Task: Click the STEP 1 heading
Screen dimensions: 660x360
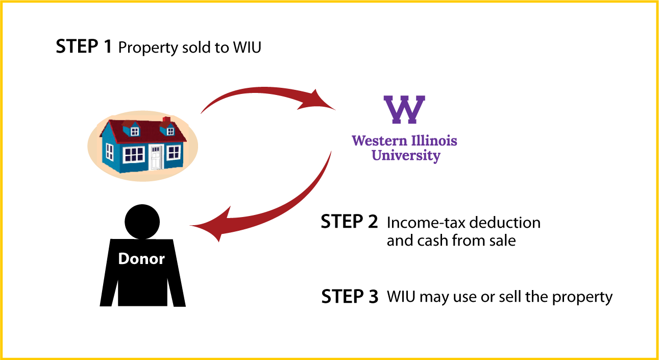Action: (x=84, y=46)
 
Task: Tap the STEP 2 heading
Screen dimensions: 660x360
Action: (x=349, y=222)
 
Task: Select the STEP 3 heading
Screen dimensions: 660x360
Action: (x=350, y=297)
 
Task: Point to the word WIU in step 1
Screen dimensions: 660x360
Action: (x=247, y=47)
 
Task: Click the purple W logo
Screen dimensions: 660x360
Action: (x=404, y=109)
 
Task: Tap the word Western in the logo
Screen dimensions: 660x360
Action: (x=380, y=141)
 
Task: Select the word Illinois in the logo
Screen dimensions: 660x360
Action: (x=434, y=140)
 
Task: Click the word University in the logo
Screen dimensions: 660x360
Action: (x=406, y=156)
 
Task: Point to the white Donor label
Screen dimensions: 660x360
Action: (x=141, y=259)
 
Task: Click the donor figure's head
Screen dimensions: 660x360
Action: (x=142, y=222)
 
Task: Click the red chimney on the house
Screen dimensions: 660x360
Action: (x=166, y=120)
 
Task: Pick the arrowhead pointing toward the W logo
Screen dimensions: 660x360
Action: (x=316, y=101)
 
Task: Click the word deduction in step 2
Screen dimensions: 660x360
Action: (x=505, y=223)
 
